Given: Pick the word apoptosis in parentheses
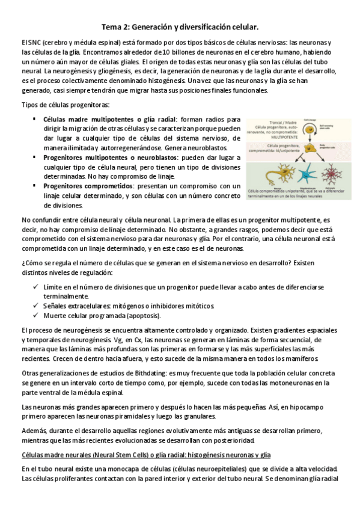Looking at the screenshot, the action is [x=141, y=316].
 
